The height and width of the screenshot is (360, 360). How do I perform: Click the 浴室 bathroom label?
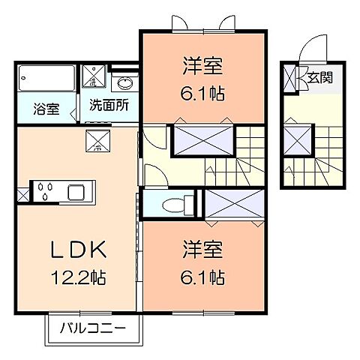(x=44, y=106)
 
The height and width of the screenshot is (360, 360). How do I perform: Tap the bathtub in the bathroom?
(x=44, y=79)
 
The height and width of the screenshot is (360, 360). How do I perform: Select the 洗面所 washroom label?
(x=108, y=106)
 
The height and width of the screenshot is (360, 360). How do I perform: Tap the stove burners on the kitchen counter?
(x=46, y=192)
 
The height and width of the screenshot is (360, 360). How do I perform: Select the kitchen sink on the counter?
(x=77, y=192)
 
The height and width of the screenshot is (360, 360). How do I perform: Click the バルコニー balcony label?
(x=94, y=328)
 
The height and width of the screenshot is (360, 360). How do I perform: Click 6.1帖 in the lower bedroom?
(x=202, y=277)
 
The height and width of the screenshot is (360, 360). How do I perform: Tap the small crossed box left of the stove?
(x=22, y=196)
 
